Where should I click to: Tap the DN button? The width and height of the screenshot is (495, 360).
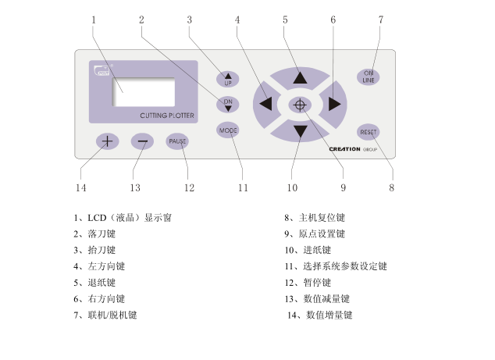pyautogui.click(x=228, y=105)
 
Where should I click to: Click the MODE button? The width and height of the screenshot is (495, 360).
pyautogui.click(x=228, y=130)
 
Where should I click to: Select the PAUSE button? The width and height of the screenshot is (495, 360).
pyautogui.click(x=177, y=141)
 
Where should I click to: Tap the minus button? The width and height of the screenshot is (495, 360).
pyautogui.click(x=142, y=141)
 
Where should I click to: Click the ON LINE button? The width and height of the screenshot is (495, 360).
pyautogui.click(x=368, y=77)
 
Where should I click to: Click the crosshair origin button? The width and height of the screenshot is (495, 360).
pyautogui.click(x=300, y=105)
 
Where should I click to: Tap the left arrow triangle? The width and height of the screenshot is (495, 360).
pyautogui.click(x=265, y=104)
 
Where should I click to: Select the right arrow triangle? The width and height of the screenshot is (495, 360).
pyautogui.click(x=334, y=104)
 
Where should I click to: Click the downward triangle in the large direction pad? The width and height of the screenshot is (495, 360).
pyautogui.click(x=301, y=131)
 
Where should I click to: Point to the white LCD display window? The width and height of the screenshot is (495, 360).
pyautogui.click(x=144, y=92)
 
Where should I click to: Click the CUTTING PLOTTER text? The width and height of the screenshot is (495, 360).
pyautogui.click(x=167, y=116)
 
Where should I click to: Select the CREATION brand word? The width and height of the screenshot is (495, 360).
pyautogui.click(x=345, y=149)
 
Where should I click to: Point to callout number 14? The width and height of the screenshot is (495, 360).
pyautogui.click(x=81, y=188)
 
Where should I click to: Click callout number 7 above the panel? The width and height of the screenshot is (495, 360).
pyautogui.click(x=381, y=20)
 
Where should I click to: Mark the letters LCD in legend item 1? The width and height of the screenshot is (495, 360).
pyautogui.click(x=97, y=218)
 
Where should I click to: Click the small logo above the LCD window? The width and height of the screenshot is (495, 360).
pyautogui.click(x=102, y=70)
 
